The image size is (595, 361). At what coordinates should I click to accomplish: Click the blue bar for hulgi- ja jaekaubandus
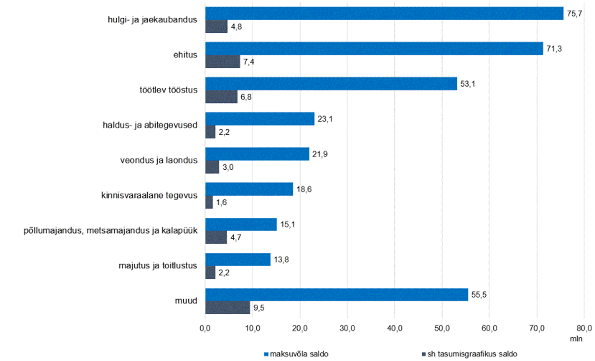[x=384, y=13]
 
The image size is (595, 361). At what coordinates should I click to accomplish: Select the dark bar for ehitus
[x=222, y=62]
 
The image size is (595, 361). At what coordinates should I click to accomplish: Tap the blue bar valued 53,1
[x=331, y=84]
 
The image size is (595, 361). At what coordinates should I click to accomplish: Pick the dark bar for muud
[x=228, y=308]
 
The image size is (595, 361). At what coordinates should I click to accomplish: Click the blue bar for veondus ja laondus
[x=257, y=154]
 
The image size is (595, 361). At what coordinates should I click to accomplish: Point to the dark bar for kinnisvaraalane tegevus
[x=209, y=202]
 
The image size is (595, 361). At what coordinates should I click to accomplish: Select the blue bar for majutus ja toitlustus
[x=238, y=260]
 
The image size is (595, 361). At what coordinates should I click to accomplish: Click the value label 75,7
[x=575, y=14]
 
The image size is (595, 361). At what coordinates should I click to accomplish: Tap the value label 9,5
[x=259, y=308]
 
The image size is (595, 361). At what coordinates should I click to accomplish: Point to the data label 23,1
[x=325, y=119]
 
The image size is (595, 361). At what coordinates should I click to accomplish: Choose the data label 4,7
[x=236, y=238]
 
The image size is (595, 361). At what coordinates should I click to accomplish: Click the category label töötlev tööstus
[x=169, y=90]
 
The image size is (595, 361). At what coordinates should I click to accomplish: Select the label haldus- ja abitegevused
[x=150, y=125]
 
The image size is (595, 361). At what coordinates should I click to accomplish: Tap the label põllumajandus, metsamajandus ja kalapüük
[x=111, y=231]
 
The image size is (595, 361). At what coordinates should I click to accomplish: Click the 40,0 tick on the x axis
[x=395, y=328]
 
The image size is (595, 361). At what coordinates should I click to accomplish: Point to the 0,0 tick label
[x=205, y=328]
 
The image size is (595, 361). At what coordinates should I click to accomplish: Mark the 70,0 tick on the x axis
[x=537, y=328]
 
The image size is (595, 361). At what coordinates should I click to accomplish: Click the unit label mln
[x=576, y=339]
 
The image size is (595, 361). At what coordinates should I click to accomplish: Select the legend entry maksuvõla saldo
[x=296, y=354]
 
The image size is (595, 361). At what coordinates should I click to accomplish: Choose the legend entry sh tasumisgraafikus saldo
[x=469, y=354]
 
